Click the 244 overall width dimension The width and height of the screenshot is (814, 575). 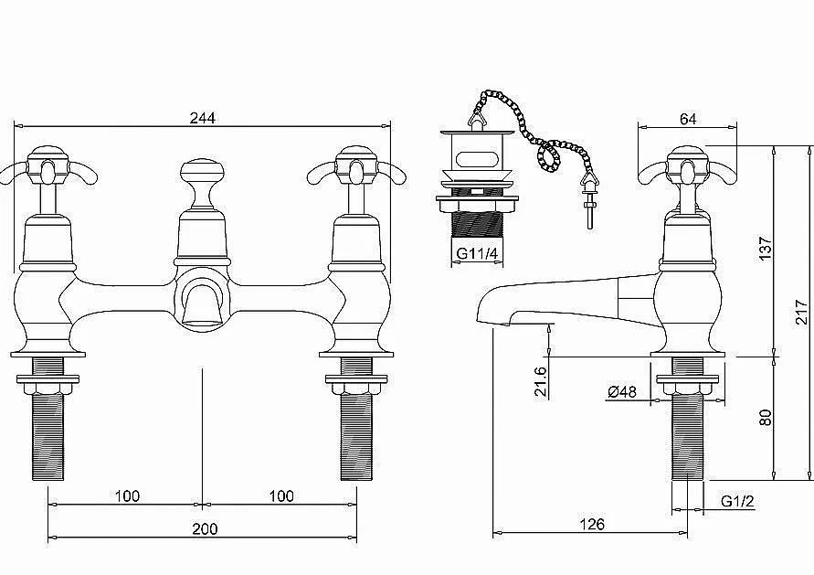203,119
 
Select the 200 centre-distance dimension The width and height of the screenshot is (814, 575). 205,528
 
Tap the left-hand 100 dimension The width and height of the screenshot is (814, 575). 127,496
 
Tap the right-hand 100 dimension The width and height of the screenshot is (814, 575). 281,496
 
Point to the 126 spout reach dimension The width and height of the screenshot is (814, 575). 592,524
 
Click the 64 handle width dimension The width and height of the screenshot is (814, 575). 688,119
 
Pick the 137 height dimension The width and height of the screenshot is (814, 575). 766,249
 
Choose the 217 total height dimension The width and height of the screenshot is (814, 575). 802,312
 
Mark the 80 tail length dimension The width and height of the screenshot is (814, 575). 766,418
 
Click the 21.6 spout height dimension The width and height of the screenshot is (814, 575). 541,381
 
